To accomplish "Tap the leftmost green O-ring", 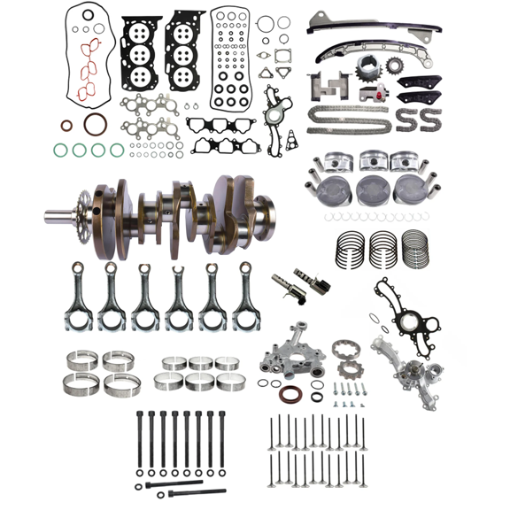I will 59,150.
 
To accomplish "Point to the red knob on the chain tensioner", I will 382,90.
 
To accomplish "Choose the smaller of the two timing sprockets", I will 391,66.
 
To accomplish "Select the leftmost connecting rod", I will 78,297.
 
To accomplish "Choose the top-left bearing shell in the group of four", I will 81,361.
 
